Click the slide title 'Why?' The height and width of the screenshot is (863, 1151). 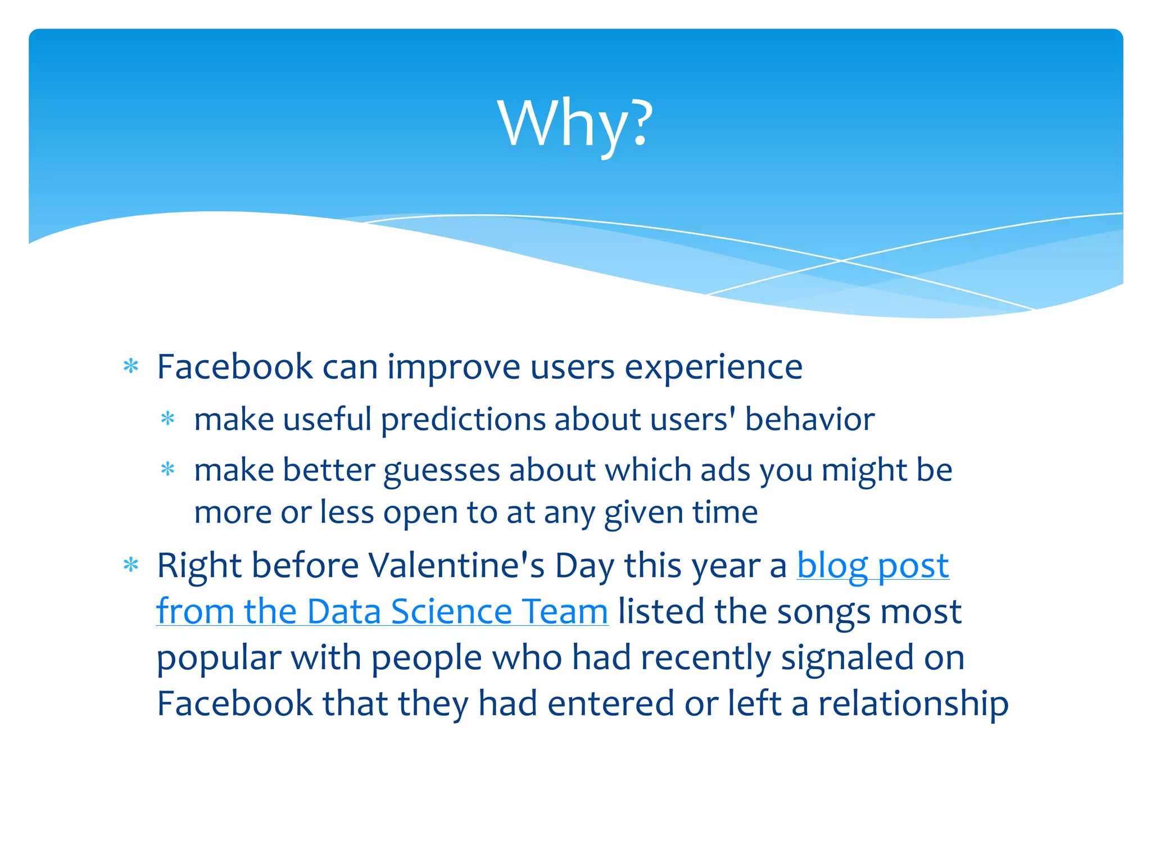coord(575,124)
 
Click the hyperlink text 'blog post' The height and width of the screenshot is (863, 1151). coord(873,565)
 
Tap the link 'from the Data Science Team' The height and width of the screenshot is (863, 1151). coord(382,611)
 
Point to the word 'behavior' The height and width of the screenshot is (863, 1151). coord(809,420)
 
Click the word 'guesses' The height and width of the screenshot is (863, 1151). coord(441,471)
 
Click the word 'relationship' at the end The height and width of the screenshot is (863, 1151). coord(913,703)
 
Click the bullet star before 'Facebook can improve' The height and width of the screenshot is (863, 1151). coord(131,366)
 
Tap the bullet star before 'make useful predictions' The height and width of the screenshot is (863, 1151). coord(167,419)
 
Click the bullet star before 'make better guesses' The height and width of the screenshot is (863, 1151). coord(167,469)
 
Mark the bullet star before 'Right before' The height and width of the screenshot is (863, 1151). coord(131,565)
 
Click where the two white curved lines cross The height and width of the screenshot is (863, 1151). coord(841,261)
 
